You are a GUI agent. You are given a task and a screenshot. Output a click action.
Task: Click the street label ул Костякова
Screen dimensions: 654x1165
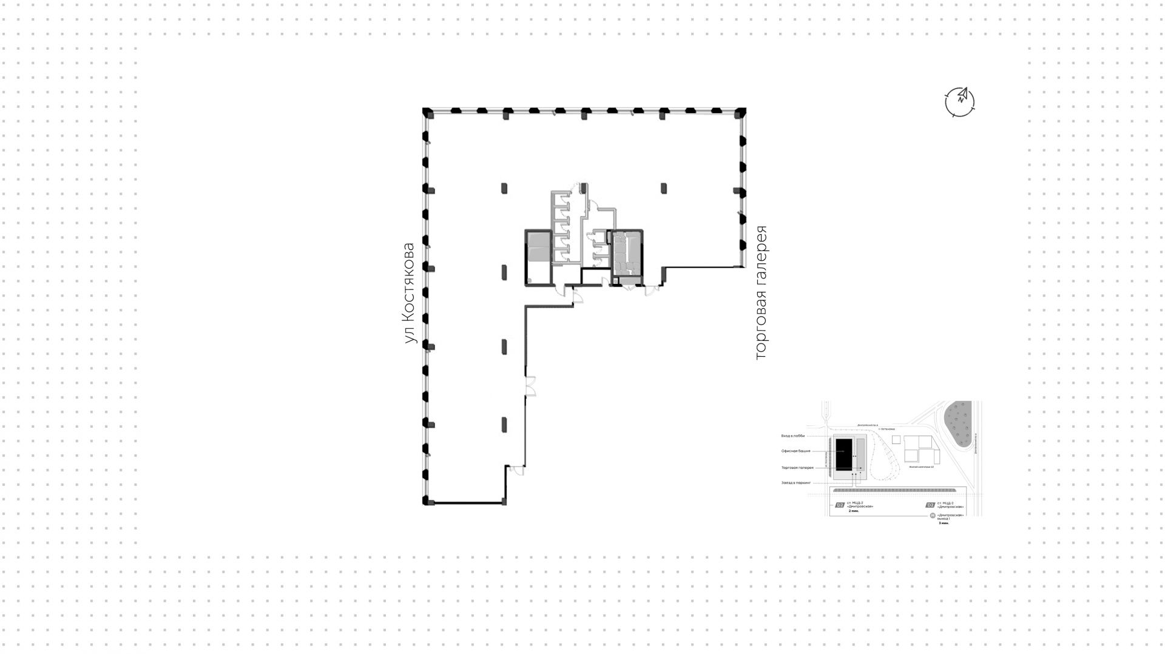[x=410, y=294]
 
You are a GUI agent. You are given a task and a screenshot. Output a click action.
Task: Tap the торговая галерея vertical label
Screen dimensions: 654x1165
[x=761, y=294]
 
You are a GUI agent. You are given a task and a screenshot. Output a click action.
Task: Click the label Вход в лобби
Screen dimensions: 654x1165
[x=793, y=436]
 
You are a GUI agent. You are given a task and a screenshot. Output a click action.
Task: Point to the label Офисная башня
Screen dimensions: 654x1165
[x=796, y=451]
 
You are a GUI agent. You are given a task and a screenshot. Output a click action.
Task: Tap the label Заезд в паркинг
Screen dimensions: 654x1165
[x=796, y=483]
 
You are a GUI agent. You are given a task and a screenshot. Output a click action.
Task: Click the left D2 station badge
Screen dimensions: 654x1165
[x=840, y=505]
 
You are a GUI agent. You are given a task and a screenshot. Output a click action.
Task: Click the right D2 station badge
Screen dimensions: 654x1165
[x=930, y=505]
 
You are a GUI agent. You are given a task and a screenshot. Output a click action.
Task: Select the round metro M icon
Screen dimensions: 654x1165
[x=933, y=516]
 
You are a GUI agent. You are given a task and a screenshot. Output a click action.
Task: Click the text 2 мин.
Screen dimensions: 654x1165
[x=854, y=511]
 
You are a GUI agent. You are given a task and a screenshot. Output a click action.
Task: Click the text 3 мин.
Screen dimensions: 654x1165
[x=944, y=523]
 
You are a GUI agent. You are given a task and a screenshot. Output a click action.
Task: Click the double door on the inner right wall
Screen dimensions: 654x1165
[x=531, y=385]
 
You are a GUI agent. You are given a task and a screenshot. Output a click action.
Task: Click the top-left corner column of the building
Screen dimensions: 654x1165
[x=427, y=112]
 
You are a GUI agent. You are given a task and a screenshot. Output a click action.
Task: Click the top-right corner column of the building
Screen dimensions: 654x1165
[x=741, y=112]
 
